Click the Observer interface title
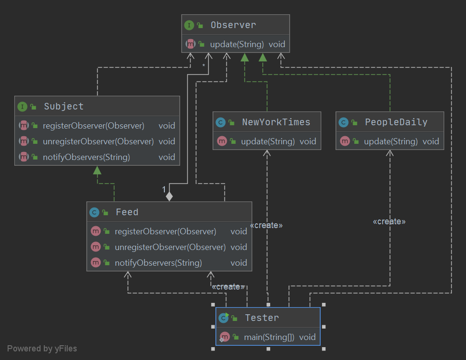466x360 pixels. [x=233, y=25]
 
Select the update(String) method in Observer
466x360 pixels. [x=237, y=44]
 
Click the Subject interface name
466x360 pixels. [x=63, y=107]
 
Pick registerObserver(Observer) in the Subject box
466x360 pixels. [x=93, y=126]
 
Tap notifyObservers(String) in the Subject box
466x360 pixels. [x=86, y=157]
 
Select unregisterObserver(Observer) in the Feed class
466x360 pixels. [x=170, y=247]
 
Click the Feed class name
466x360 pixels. [x=127, y=212]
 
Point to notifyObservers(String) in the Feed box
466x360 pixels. [x=158, y=263]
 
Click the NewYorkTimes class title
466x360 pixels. [x=276, y=122]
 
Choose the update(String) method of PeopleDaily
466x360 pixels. [x=391, y=141]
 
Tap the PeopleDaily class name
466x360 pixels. [x=396, y=122]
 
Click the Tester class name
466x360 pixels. [x=262, y=318]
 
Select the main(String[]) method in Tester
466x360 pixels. [x=269, y=337]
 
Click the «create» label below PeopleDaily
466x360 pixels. [x=389, y=221]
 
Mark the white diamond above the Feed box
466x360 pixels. [x=168, y=195]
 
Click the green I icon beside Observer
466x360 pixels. [x=189, y=25]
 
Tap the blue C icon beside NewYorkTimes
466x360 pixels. [x=220, y=122]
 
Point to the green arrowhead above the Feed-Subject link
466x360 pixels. [x=97, y=170]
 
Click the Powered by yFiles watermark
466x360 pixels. [x=42, y=349]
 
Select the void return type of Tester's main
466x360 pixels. [x=307, y=337]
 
